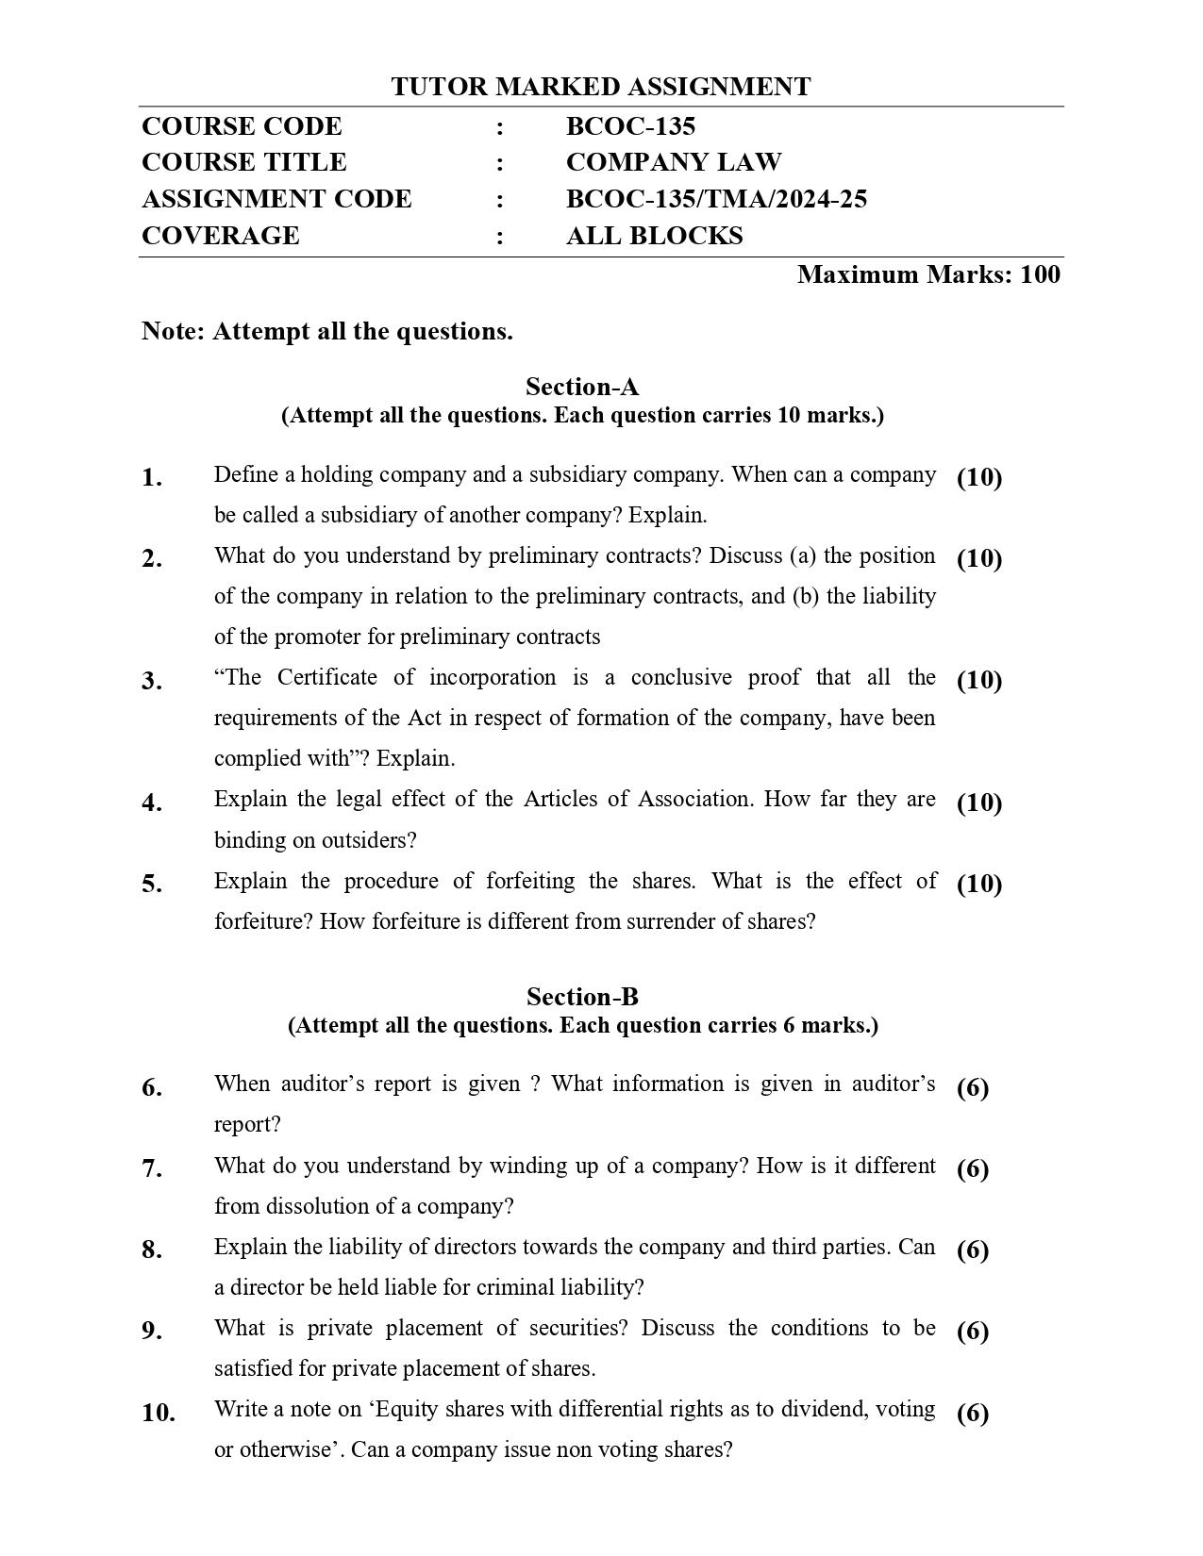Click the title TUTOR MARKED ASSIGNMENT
600,87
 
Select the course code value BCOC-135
630,126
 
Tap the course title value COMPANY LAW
673,162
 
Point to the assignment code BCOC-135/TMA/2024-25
716,199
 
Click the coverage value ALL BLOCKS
654,236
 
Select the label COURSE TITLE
243,162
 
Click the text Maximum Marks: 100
928,274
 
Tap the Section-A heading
582,387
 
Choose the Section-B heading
582,997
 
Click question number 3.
152,681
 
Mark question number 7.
152,1169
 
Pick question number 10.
159,1413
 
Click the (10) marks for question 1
979,477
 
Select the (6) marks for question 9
973,1332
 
